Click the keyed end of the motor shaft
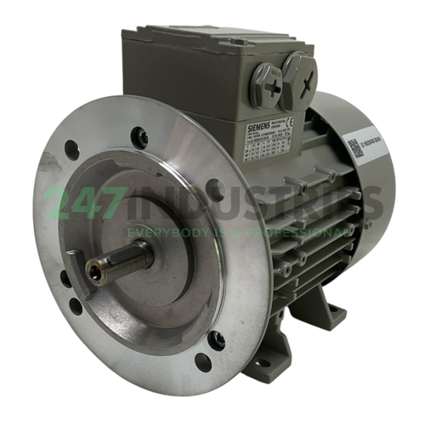93,271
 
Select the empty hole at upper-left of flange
73,150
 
